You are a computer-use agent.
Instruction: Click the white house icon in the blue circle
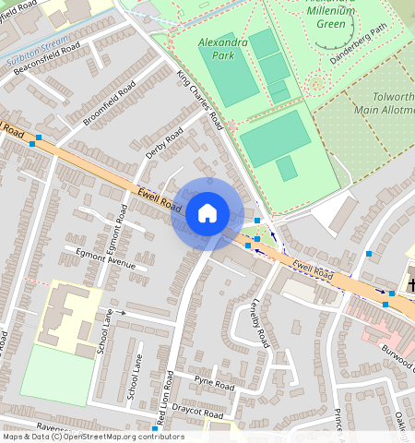click(x=207, y=213)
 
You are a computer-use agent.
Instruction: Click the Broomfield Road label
click(x=109, y=102)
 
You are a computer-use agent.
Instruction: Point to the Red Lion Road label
click(x=166, y=396)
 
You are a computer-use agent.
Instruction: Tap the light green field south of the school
click(x=57, y=374)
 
